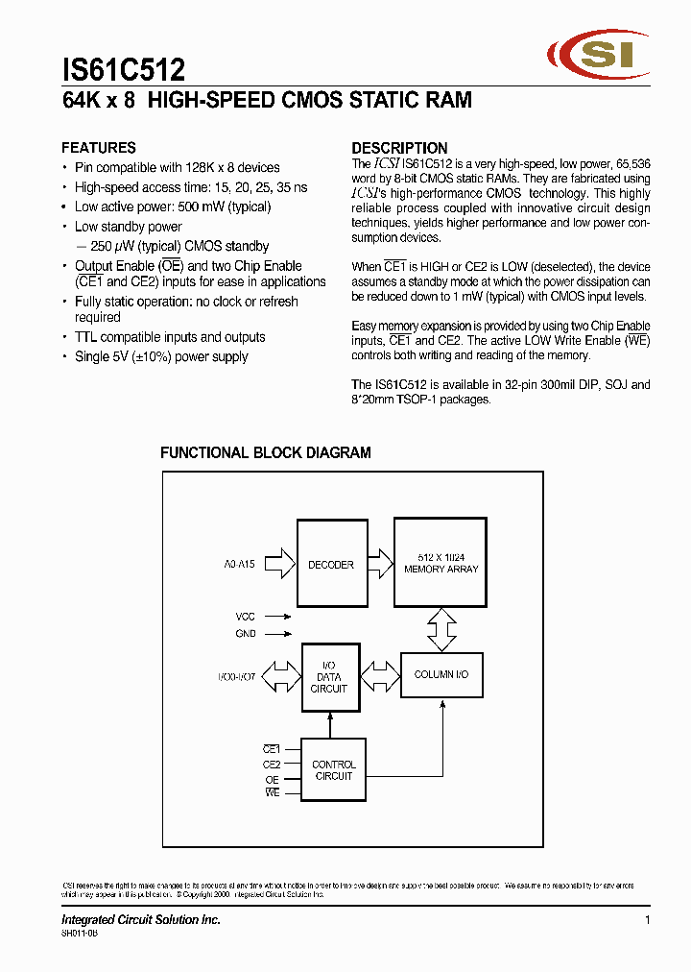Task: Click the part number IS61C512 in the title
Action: click(124, 70)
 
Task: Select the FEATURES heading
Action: click(98, 148)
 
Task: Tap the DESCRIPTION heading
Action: click(399, 148)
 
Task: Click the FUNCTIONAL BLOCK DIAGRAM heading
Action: click(265, 452)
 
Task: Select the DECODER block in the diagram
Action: click(331, 565)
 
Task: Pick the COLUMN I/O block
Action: click(441, 675)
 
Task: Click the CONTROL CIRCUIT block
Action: click(334, 770)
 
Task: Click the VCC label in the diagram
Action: click(246, 617)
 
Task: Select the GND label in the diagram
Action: click(246, 634)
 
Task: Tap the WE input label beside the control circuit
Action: click(273, 792)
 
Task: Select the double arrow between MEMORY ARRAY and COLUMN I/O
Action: click(441, 630)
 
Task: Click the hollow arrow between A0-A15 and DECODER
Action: click(278, 565)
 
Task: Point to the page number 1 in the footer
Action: click(648, 920)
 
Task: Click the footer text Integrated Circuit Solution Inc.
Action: click(141, 920)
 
